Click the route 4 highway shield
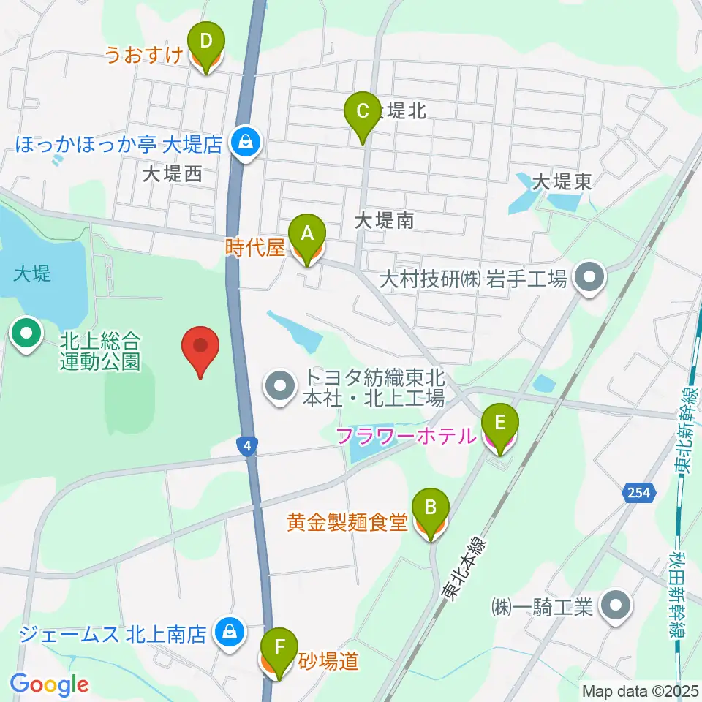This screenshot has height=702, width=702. click(249, 445)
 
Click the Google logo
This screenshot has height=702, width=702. click(49, 684)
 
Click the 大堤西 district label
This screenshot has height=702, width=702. click(172, 175)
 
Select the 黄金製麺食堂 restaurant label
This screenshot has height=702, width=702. click(347, 522)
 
